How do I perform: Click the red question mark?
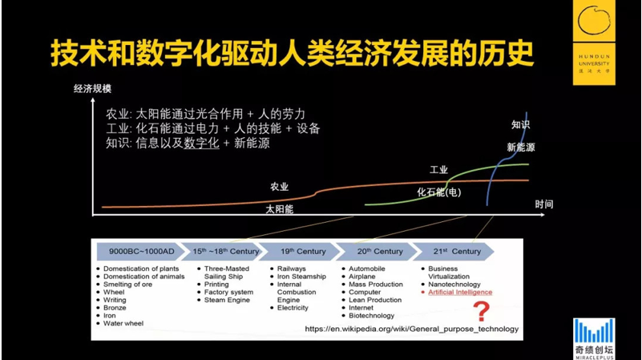click(482, 312)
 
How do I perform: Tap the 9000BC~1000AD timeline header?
click(142, 252)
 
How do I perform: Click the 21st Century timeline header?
click(454, 252)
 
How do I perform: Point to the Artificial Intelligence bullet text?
click(460, 292)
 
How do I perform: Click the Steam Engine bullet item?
click(227, 300)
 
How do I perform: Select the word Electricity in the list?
click(293, 308)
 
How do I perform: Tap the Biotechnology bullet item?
click(371, 315)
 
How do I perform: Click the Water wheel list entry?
click(123, 323)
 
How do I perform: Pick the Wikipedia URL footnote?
click(411, 329)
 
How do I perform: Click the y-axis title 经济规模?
click(92, 88)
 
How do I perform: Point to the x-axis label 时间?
click(543, 204)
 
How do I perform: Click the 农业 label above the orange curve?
click(279, 187)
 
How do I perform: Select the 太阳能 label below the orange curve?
click(279, 209)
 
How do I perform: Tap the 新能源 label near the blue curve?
click(521, 147)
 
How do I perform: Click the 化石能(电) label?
click(439, 192)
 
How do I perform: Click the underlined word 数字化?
click(201, 143)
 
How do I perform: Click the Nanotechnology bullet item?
click(454, 285)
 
